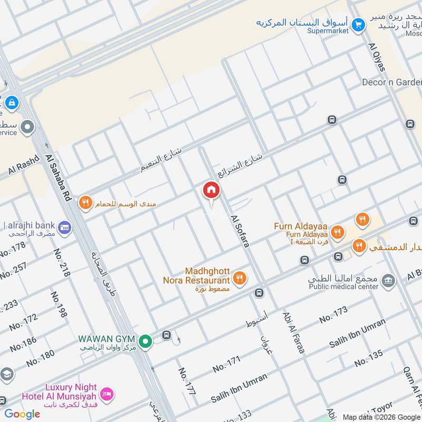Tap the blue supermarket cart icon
point(358,24)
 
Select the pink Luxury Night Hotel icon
point(107,394)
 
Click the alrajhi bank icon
point(64,228)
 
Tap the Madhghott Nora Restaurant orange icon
point(239,277)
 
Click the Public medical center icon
point(388,281)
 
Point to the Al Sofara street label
point(239,231)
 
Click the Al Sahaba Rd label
point(59,177)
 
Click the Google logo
point(22,414)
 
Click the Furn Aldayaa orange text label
point(301,226)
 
